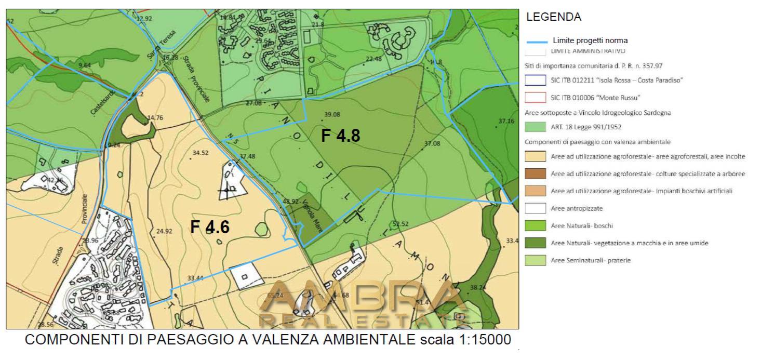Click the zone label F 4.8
[340, 136]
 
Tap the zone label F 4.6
[210, 227]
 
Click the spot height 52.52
[400, 224]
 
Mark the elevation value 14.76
[155, 117]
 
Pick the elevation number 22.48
[373, 59]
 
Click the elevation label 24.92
[164, 231]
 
